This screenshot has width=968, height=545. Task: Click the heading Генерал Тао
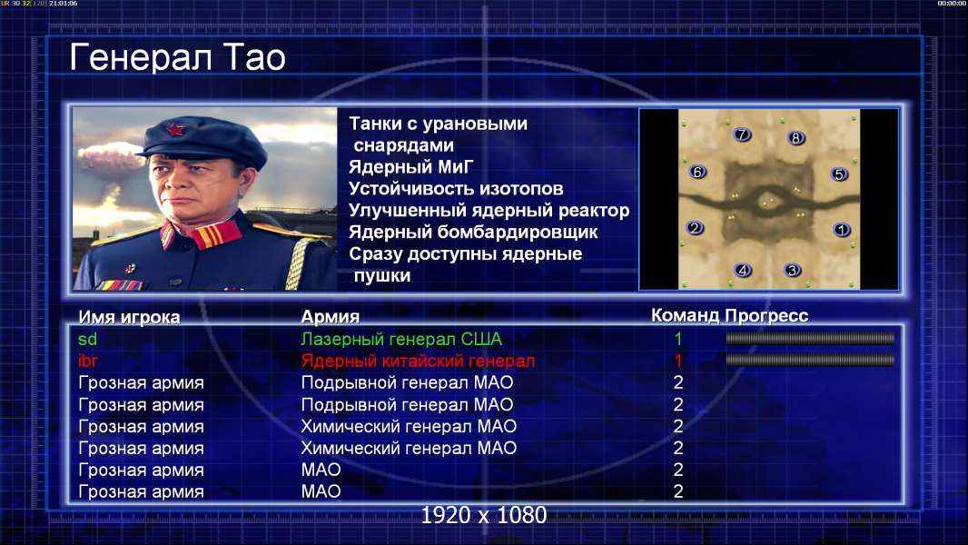pyautogui.click(x=177, y=57)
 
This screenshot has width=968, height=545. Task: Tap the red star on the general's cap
pyautogui.click(x=175, y=130)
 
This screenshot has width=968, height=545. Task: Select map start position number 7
pyautogui.click(x=742, y=134)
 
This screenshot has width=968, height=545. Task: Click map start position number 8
pyautogui.click(x=795, y=138)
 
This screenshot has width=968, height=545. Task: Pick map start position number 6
pyautogui.click(x=697, y=172)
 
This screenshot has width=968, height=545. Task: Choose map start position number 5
pyautogui.click(x=839, y=174)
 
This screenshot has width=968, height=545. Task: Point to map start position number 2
pyautogui.click(x=695, y=228)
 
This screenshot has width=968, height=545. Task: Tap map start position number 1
pyautogui.click(x=842, y=230)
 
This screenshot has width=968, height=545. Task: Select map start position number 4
pyautogui.click(x=743, y=270)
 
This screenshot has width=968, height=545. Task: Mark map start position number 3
pyautogui.click(x=792, y=270)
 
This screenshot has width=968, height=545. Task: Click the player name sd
pyautogui.click(x=88, y=339)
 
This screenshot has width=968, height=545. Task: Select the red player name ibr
pyautogui.click(x=88, y=361)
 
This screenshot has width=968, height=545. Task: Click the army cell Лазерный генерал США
pyautogui.click(x=401, y=339)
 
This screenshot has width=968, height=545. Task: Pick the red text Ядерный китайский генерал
pyautogui.click(x=418, y=361)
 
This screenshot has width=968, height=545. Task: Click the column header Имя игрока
pyautogui.click(x=129, y=317)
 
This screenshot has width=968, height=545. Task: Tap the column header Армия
pyautogui.click(x=330, y=317)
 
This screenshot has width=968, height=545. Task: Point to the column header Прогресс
pyautogui.click(x=766, y=315)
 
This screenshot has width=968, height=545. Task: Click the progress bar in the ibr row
pyautogui.click(x=810, y=360)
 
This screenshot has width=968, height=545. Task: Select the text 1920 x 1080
pyautogui.click(x=484, y=515)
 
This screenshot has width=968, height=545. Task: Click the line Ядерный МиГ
pyautogui.click(x=411, y=167)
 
